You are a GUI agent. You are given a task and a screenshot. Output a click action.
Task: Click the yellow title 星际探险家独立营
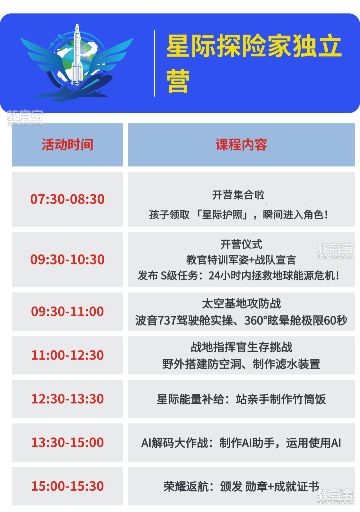254,63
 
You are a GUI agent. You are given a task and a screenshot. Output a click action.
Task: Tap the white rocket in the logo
77,55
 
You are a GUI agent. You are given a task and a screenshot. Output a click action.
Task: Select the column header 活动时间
67,145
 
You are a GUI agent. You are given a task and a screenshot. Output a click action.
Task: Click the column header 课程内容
241,145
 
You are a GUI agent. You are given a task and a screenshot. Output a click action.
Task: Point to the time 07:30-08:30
67,199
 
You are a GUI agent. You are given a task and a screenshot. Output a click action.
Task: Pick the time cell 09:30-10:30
67,259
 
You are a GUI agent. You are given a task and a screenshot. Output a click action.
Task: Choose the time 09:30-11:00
67,311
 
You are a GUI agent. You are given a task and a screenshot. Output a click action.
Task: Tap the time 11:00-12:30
67,355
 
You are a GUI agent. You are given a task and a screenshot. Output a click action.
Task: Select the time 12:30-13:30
67,399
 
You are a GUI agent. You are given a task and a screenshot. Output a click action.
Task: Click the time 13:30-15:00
67,442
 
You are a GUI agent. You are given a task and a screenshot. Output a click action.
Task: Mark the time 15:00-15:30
67,486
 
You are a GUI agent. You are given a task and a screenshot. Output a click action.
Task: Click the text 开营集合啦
238,195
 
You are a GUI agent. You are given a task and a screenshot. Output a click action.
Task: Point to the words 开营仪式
241,245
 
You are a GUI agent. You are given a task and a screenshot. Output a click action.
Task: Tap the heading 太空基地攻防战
241,303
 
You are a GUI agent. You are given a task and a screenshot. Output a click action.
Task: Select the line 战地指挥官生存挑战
241,347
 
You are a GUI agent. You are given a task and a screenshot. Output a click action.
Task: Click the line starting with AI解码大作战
241,443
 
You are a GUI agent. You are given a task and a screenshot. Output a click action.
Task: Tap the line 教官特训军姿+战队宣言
241,260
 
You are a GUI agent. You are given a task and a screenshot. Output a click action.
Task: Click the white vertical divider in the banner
154,63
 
